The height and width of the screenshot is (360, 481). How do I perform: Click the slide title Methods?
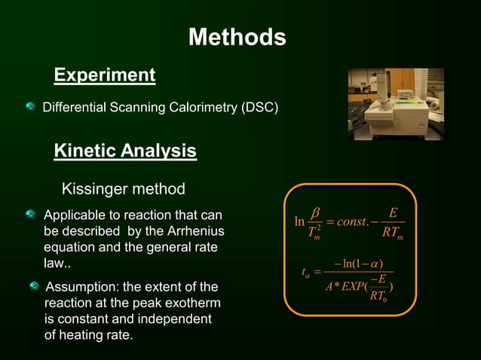pos(237,37)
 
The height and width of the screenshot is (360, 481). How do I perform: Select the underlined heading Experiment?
pos(105,75)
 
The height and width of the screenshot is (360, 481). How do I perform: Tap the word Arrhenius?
pos(195,230)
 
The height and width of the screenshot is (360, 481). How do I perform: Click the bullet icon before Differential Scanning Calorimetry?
pos(30,108)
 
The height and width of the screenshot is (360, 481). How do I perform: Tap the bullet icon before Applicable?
pos(30,215)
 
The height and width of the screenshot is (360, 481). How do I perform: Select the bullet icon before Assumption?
pos(33,287)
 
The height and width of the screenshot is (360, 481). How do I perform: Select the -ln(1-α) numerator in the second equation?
pos(358,263)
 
